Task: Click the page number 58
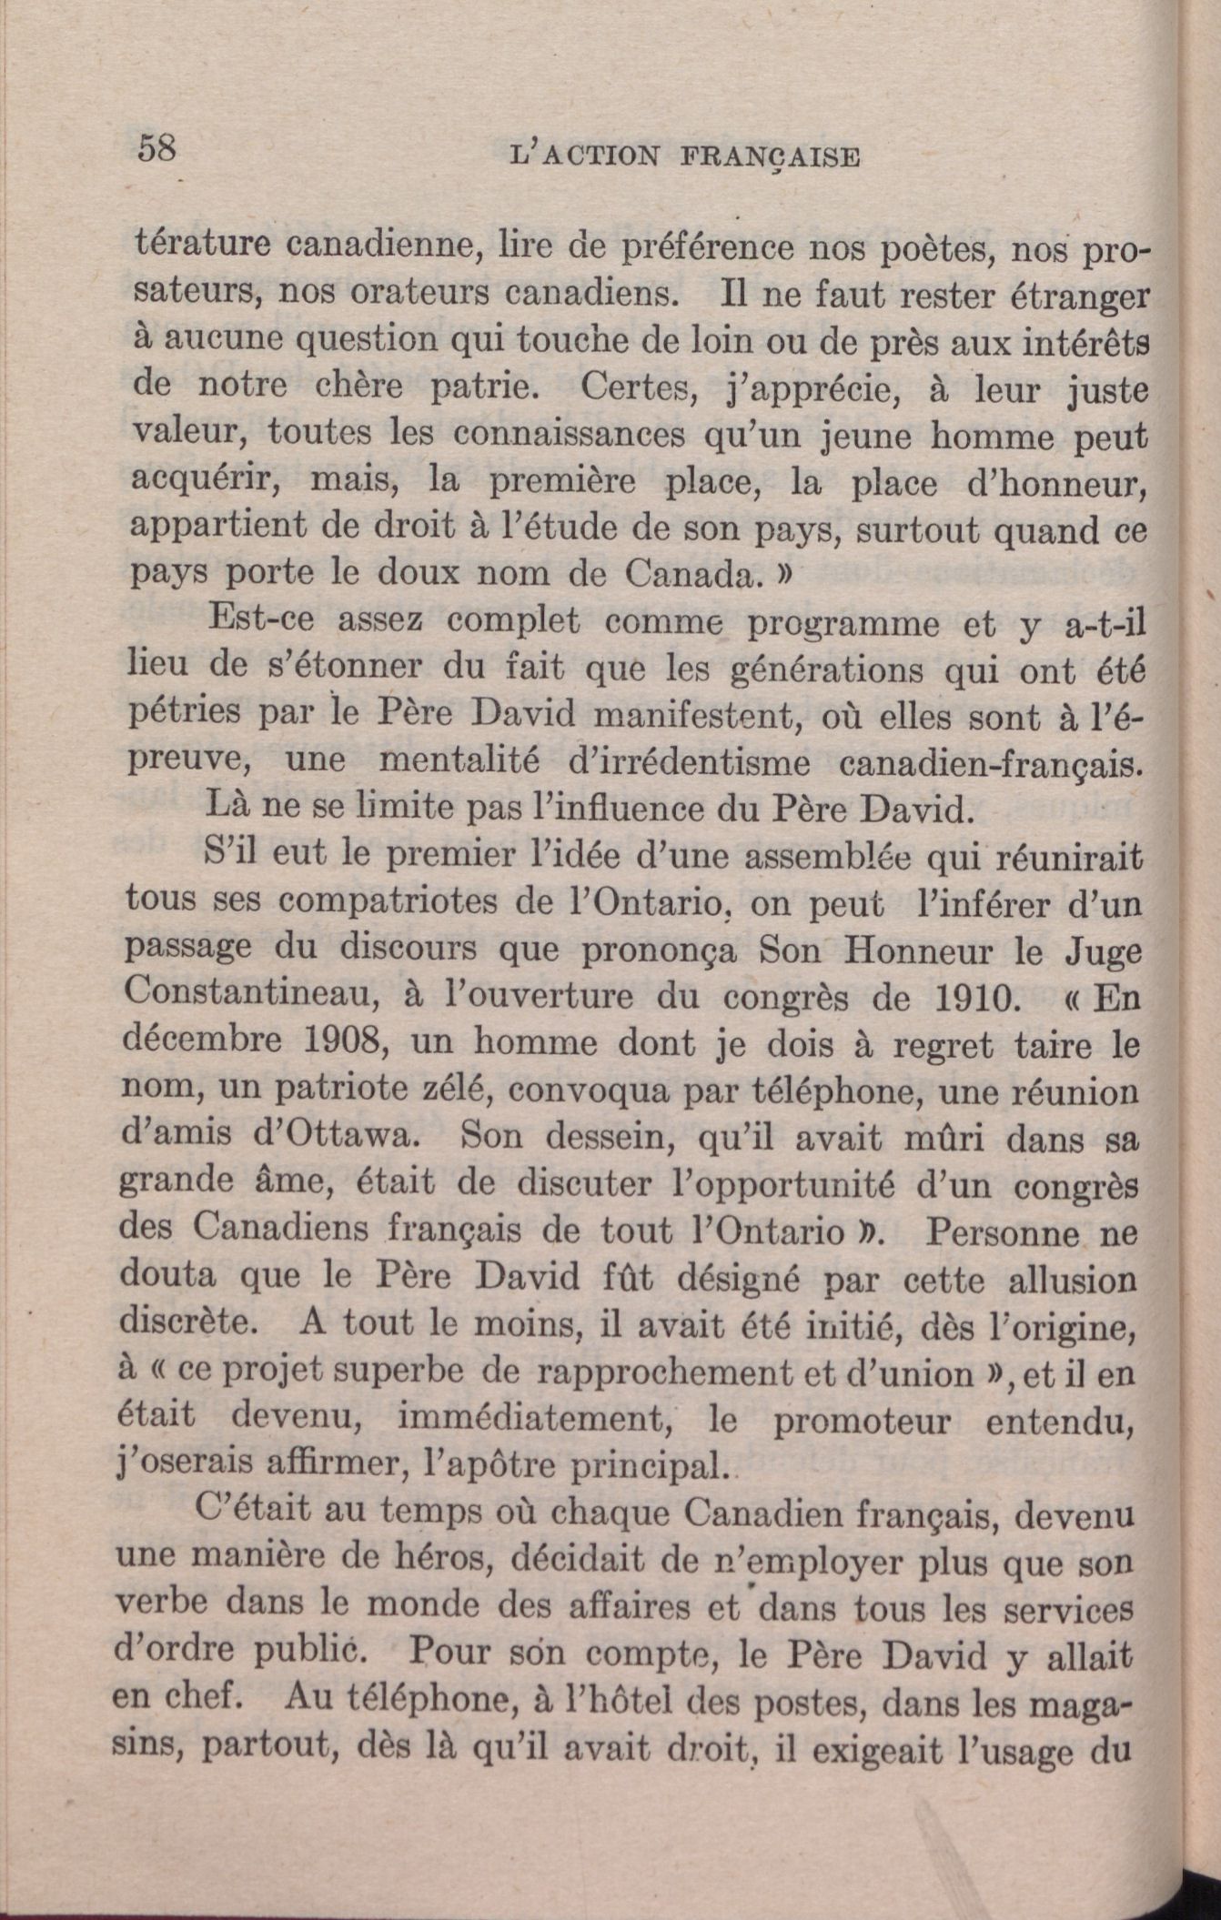tap(156, 148)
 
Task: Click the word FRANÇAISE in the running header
tap(769, 156)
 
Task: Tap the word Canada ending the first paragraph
tap(689, 576)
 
